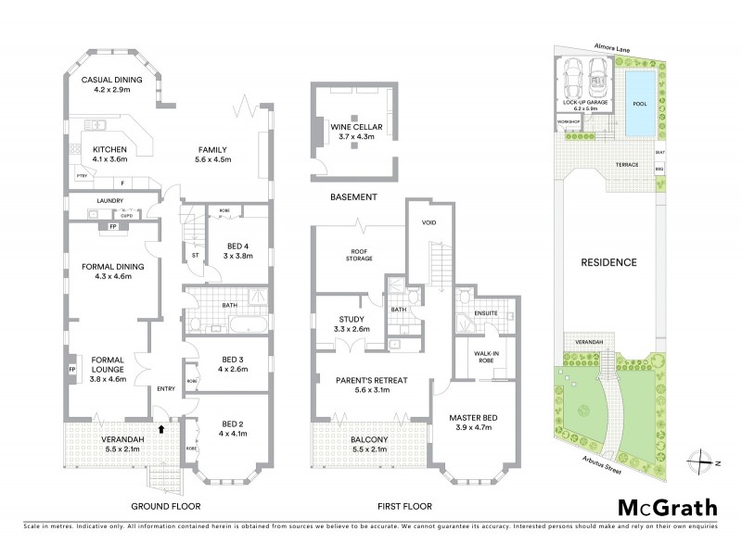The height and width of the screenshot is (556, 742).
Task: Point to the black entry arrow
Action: tap(163, 428)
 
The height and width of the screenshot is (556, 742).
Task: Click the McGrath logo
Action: tap(667, 507)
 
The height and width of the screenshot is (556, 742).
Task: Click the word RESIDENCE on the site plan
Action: tap(609, 262)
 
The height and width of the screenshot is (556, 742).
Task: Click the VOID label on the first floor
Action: tap(429, 223)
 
